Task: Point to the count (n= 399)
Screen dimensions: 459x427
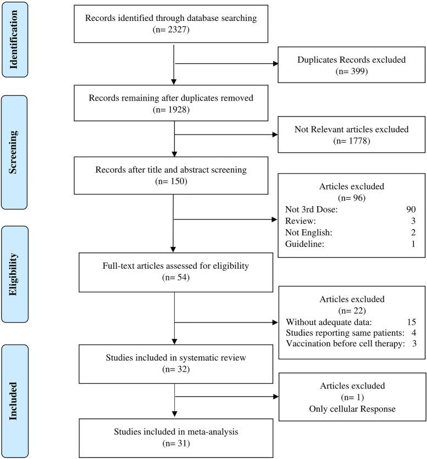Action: [352, 71]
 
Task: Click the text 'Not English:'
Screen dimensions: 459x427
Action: [309, 233]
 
